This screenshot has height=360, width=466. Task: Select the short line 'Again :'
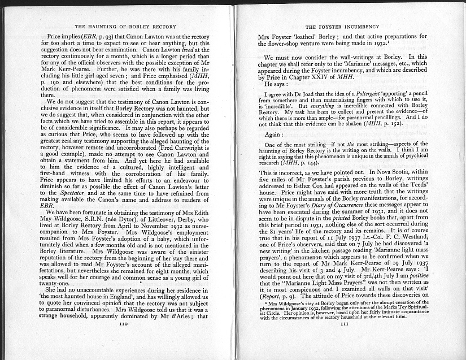tap(275, 135)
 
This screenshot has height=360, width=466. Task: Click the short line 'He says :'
tap(277, 83)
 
